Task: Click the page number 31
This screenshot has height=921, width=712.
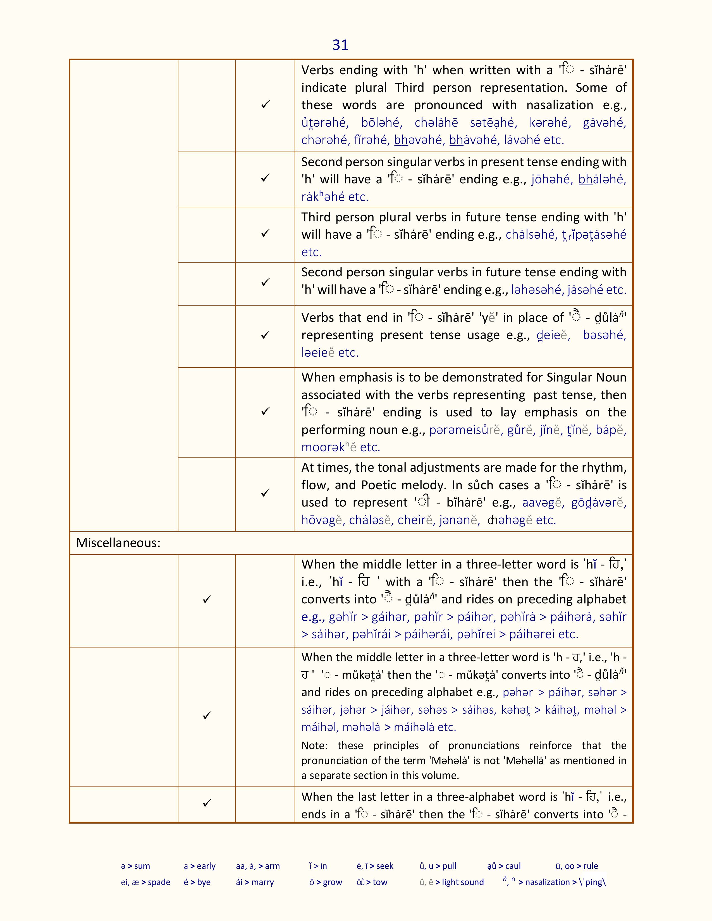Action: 340,45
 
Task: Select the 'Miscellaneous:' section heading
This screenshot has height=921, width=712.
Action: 118,543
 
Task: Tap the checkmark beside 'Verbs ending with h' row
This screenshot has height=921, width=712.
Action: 265,105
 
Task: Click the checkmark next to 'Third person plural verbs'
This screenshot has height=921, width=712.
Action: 265,233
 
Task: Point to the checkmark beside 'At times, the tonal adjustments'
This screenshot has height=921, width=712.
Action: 265,493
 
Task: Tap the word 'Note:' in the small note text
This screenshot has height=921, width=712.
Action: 314,745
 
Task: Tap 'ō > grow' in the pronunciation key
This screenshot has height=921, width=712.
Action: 326,882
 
